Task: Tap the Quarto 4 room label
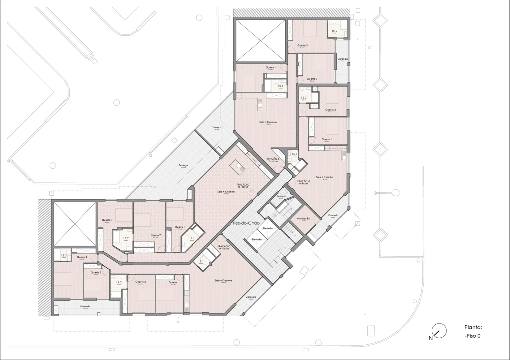pyautogui.click(x=83, y=257)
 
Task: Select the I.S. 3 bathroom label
pyautogui.click(x=64, y=256)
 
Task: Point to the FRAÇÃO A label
pyautogui.click(x=304, y=182)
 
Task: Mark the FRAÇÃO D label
pyautogui.click(x=223, y=247)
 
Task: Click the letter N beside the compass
pyautogui.click(x=430, y=338)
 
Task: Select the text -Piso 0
pyautogui.click(x=473, y=336)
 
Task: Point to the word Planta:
pyautogui.click(x=473, y=328)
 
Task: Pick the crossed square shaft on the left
pyautogui.click(x=74, y=224)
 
